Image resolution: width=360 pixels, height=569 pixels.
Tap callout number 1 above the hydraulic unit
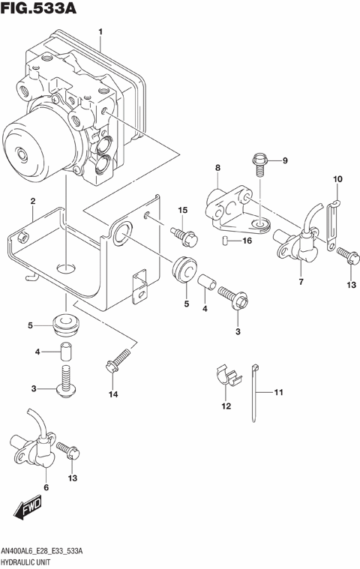(100, 31)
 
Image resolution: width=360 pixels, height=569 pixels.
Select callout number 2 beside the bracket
(32, 201)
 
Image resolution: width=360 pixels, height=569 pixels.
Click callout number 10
(337, 178)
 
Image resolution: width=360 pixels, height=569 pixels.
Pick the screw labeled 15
(184, 236)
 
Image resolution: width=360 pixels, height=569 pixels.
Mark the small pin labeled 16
(226, 240)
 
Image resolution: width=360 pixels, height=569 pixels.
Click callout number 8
(217, 168)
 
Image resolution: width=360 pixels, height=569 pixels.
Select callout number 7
(301, 282)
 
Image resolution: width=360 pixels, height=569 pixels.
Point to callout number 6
(46, 487)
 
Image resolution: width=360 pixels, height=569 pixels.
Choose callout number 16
(247, 241)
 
